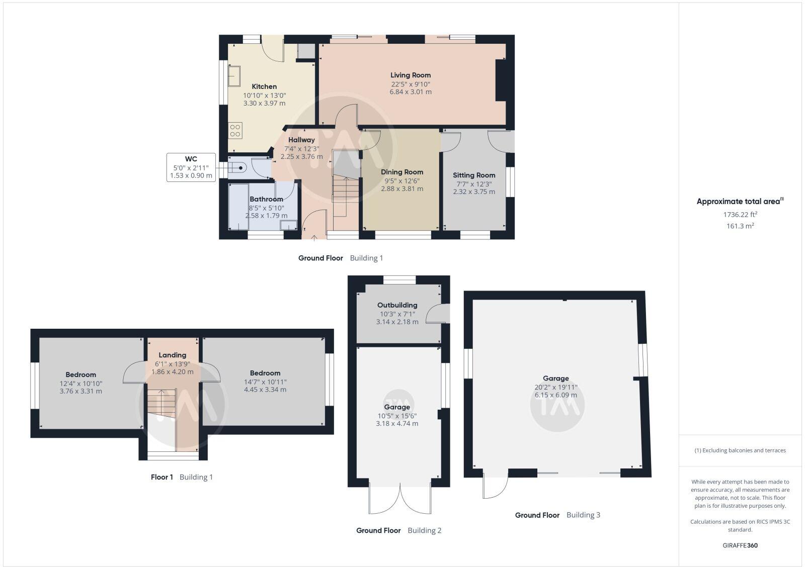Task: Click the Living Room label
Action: click(x=410, y=75)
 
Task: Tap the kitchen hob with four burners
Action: click(x=235, y=131)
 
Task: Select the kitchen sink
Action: click(x=234, y=76)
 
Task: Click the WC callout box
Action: click(x=191, y=167)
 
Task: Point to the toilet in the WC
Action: click(x=237, y=167)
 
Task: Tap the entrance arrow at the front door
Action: click(x=314, y=238)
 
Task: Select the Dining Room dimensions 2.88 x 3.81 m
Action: click(x=402, y=189)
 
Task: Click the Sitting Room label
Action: click(x=474, y=175)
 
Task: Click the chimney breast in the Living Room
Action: click(x=501, y=80)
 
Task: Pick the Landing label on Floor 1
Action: click(x=172, y=355)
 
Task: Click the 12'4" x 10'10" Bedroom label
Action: click(x=80, y=374)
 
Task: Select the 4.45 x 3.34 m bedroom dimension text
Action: click(x=265, y=390)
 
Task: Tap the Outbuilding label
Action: click(x=397, y=305)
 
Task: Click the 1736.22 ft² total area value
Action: click(x=740, y=214)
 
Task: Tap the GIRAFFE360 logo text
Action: click(x=740, y=545)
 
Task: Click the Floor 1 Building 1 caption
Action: click(x=182, y=477)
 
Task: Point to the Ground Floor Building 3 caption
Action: click(x=557, y=515)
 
